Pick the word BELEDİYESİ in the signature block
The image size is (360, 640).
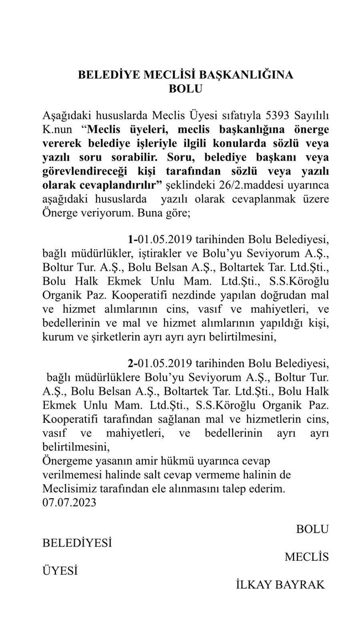click(x=77, y=543)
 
